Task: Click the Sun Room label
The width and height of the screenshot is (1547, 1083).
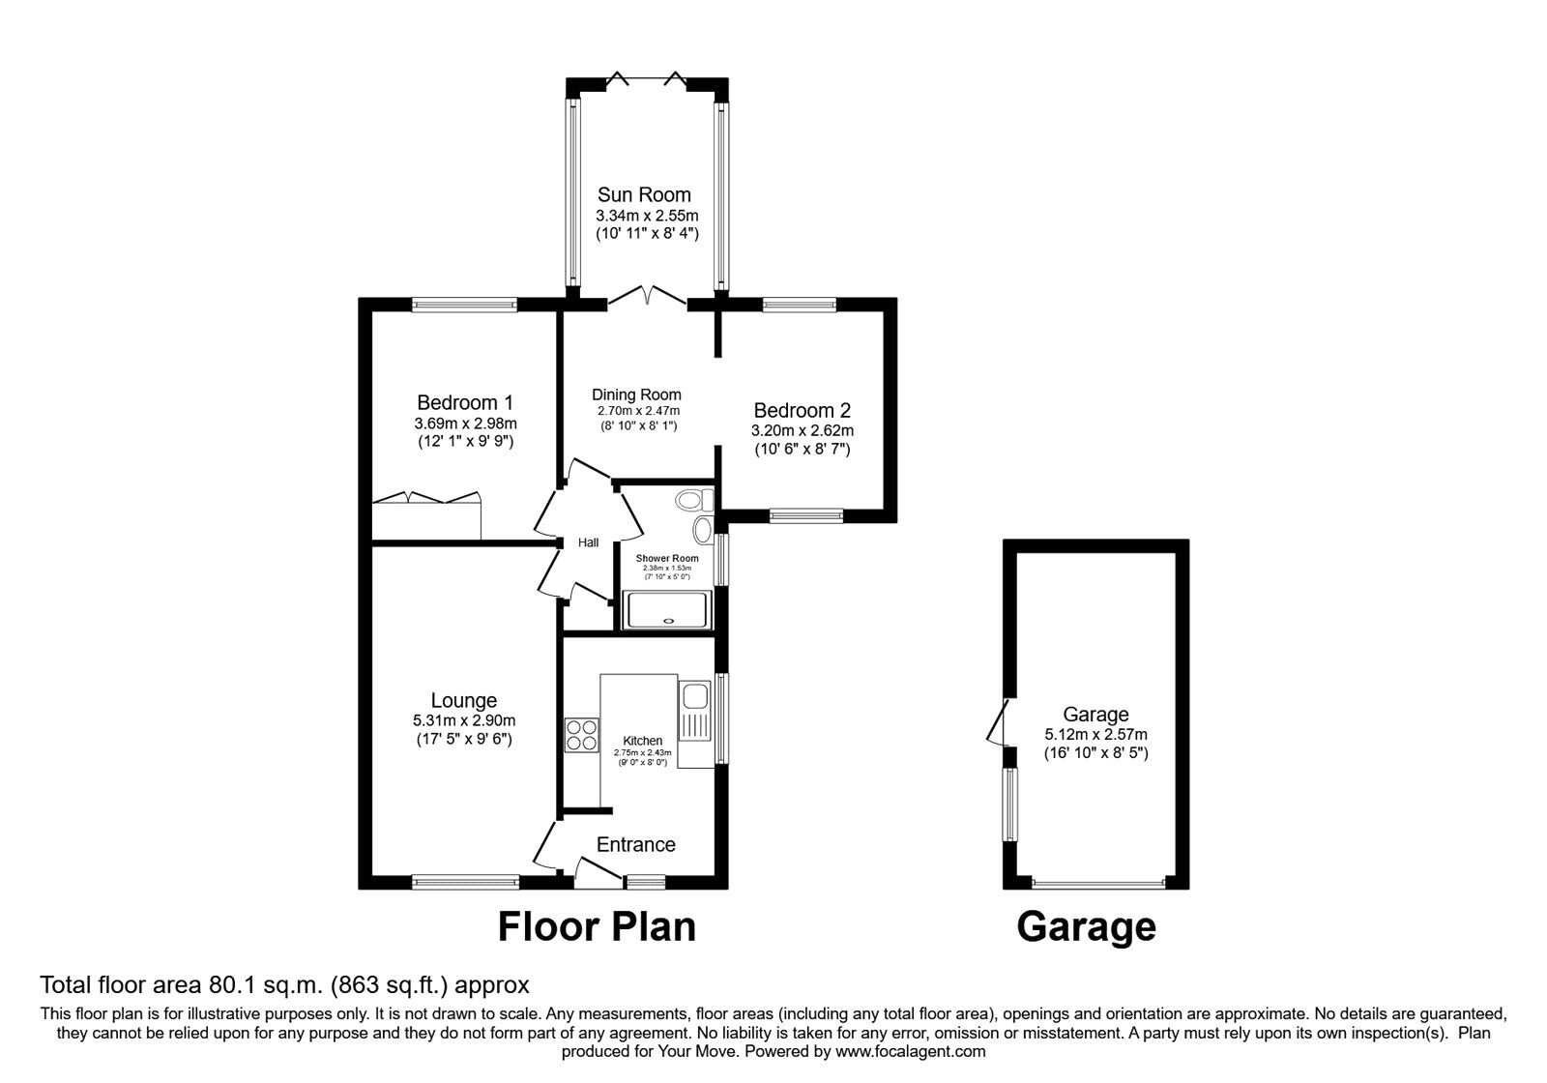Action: [644, 194]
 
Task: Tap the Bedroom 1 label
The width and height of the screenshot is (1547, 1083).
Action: [465, 402]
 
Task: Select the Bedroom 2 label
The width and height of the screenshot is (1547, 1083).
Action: [802, 410]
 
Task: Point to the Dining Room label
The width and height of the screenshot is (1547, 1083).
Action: [636, 395]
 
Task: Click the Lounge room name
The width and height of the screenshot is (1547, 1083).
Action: [464, 700]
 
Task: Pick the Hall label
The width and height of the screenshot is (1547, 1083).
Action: [588, 542]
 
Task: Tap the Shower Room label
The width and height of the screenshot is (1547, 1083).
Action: [667, 559]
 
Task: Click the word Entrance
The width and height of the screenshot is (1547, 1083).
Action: [635, 844]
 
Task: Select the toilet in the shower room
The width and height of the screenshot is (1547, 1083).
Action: [693, 500]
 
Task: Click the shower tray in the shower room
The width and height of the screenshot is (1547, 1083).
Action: [667, 610]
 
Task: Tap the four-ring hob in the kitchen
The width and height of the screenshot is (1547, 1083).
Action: [582, 734]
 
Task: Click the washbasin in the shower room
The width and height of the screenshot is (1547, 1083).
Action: [702, 529]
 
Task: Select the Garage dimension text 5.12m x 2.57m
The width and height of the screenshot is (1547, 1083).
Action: [1095, 735]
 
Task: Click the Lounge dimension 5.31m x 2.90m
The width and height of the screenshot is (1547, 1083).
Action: [464, 720]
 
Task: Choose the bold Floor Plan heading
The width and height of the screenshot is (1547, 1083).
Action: [597, 926]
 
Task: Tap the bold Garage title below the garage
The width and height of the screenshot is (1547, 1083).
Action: [1086, 926]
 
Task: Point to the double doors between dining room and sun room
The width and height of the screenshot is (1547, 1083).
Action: [647, 296]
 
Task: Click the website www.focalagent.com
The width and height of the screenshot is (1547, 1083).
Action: [910, 1051]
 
